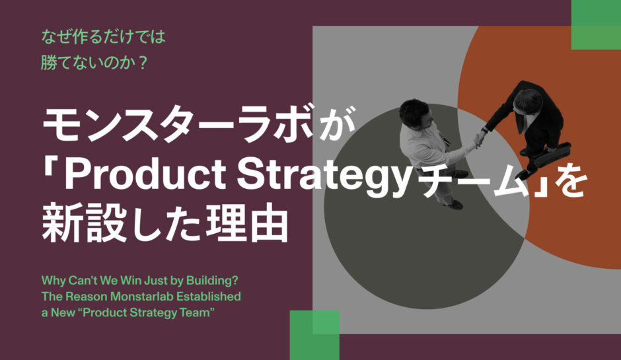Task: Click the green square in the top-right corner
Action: [x=595, y=24]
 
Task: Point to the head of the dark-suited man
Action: [x=528, y=100]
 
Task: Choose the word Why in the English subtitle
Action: [x=52, y=279]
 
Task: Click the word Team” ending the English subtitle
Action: [x=199, y=312]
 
